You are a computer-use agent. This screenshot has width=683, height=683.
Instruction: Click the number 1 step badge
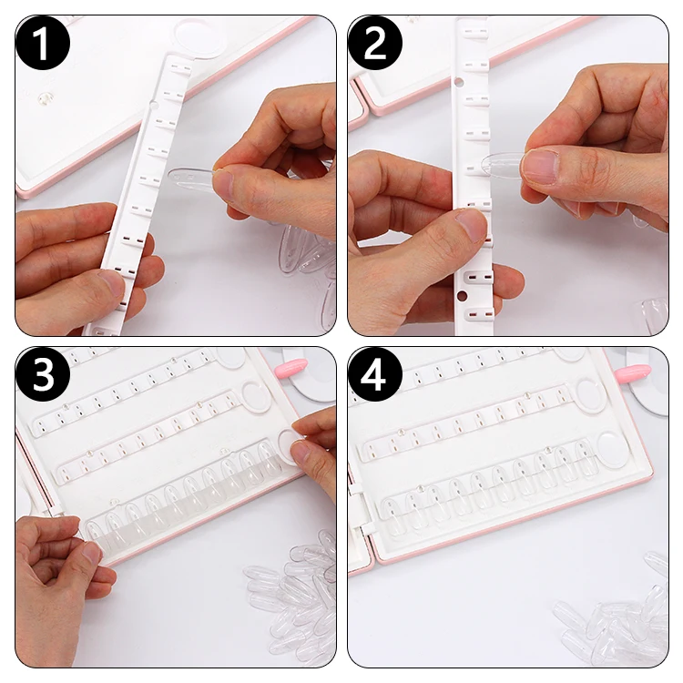(43, 43)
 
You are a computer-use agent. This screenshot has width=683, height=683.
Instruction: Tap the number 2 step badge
(375, 43)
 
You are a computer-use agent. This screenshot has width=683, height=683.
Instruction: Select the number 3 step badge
(43, 374)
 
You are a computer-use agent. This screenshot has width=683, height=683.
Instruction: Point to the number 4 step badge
(375, 374)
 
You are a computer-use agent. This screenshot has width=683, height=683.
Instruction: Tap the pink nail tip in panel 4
(633, 372)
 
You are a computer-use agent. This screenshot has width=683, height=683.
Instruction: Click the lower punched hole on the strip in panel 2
(462, 297)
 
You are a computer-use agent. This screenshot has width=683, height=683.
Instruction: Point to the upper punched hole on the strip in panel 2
(458, 81)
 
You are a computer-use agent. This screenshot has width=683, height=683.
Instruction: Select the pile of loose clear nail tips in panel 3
(291, 596)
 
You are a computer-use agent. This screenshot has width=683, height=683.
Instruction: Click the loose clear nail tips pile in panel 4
(614, 614)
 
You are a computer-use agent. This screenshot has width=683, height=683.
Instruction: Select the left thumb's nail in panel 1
(113, 283)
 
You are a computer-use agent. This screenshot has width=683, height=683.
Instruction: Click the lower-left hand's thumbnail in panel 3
(92, 553)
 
